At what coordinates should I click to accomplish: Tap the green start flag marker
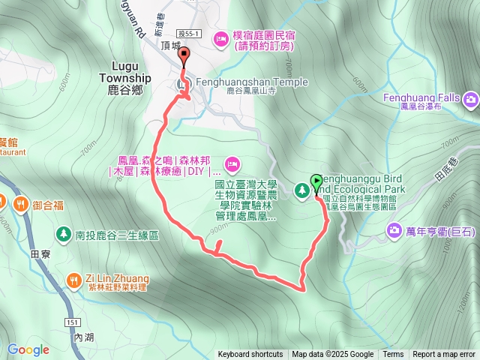tap(316, 181)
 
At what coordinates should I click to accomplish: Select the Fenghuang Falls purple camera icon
tap(470, 99)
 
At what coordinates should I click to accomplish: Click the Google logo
tap(28, 349)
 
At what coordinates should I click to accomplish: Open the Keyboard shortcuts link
tap(250, 355)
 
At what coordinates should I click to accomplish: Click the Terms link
tap(393, 355)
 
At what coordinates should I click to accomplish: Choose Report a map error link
tap(443, 355)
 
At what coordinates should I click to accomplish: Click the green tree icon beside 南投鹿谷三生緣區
tap(64, 235)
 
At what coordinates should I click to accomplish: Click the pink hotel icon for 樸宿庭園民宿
tap(221, 37)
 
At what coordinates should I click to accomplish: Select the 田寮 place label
tap(40, 254)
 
